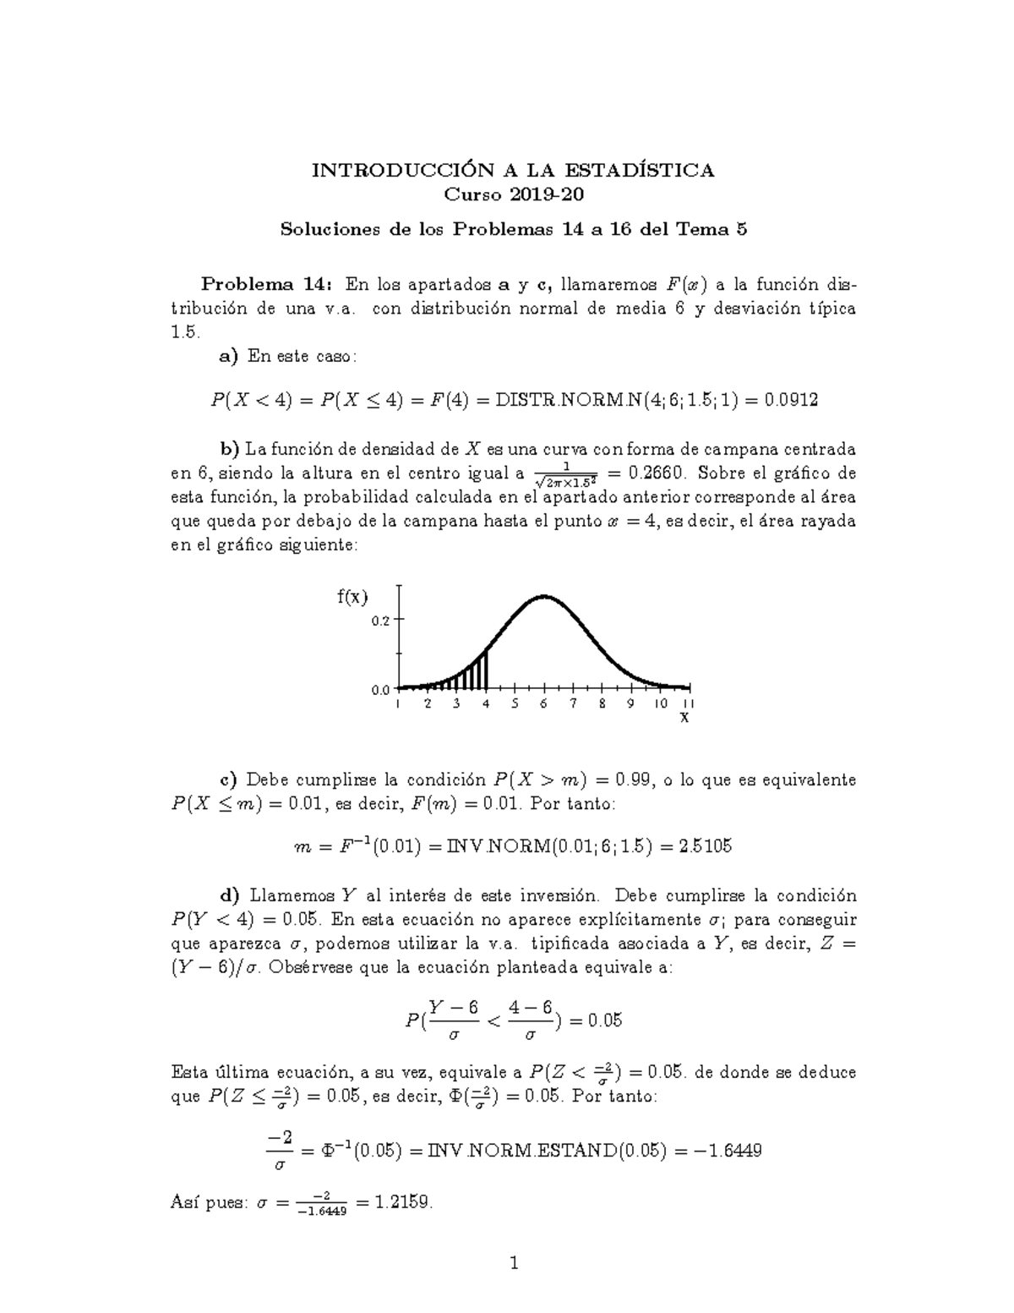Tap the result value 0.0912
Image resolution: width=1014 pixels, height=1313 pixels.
pyautogui.click(x=790, y=400)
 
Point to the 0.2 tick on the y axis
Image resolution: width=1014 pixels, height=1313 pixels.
pyautogui.click(x=381, y=620)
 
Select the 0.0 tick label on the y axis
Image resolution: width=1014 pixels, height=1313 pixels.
pyautogui.click(x=380, y=690)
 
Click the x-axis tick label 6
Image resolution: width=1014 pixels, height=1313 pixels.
pyautogui.click(x=543, y=703)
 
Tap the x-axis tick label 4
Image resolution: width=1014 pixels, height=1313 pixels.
pyautogui.click(x=485, y=703)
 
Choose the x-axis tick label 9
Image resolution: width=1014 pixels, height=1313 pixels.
pyautogui.click(x=630, y=703)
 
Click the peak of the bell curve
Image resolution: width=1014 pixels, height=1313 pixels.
pyautogui.click(x=544, y=597)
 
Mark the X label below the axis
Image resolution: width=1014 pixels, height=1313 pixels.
pyautogui.click(x=684, y=718)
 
